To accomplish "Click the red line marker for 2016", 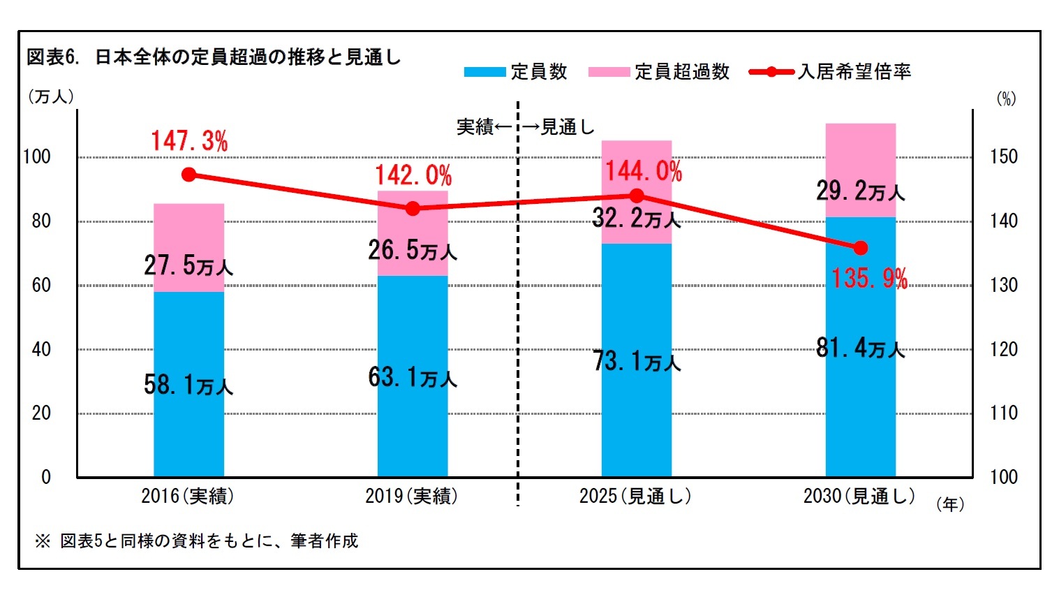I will coord(188,175).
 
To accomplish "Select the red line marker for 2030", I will coord(860,248).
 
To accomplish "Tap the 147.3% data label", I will coord(189,141).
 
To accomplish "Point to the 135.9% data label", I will coord(869,279).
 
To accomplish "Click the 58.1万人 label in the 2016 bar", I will coord(188,385).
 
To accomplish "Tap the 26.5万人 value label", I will coord(413,250).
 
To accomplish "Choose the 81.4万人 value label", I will coord(860,348).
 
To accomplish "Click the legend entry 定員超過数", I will coord(681,72).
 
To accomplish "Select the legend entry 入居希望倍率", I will coord(854,72).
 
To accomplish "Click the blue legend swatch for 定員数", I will coord(484,72).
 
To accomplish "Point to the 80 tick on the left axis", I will coord(41,221).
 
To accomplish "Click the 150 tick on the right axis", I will coord(1003,157).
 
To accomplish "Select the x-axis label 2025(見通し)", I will coord(635,496).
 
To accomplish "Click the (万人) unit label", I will coord(51,97).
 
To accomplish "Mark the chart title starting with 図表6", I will coord(214,57).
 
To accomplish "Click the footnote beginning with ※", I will coord(196,541).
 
